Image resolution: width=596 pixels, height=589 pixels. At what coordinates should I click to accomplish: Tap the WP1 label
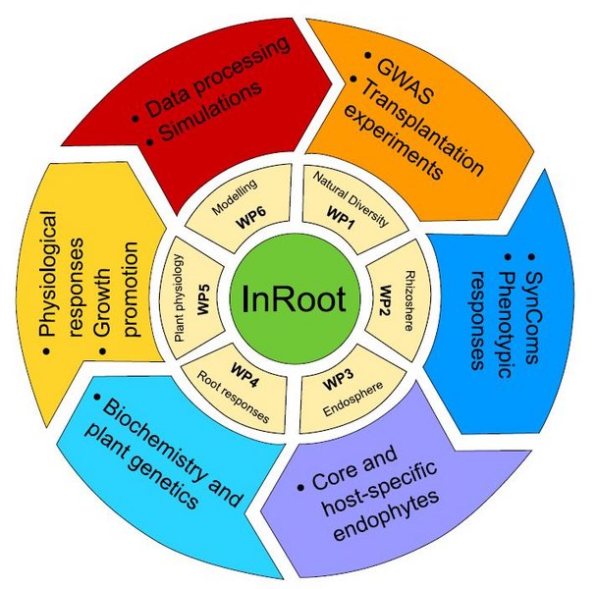[341, 213]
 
